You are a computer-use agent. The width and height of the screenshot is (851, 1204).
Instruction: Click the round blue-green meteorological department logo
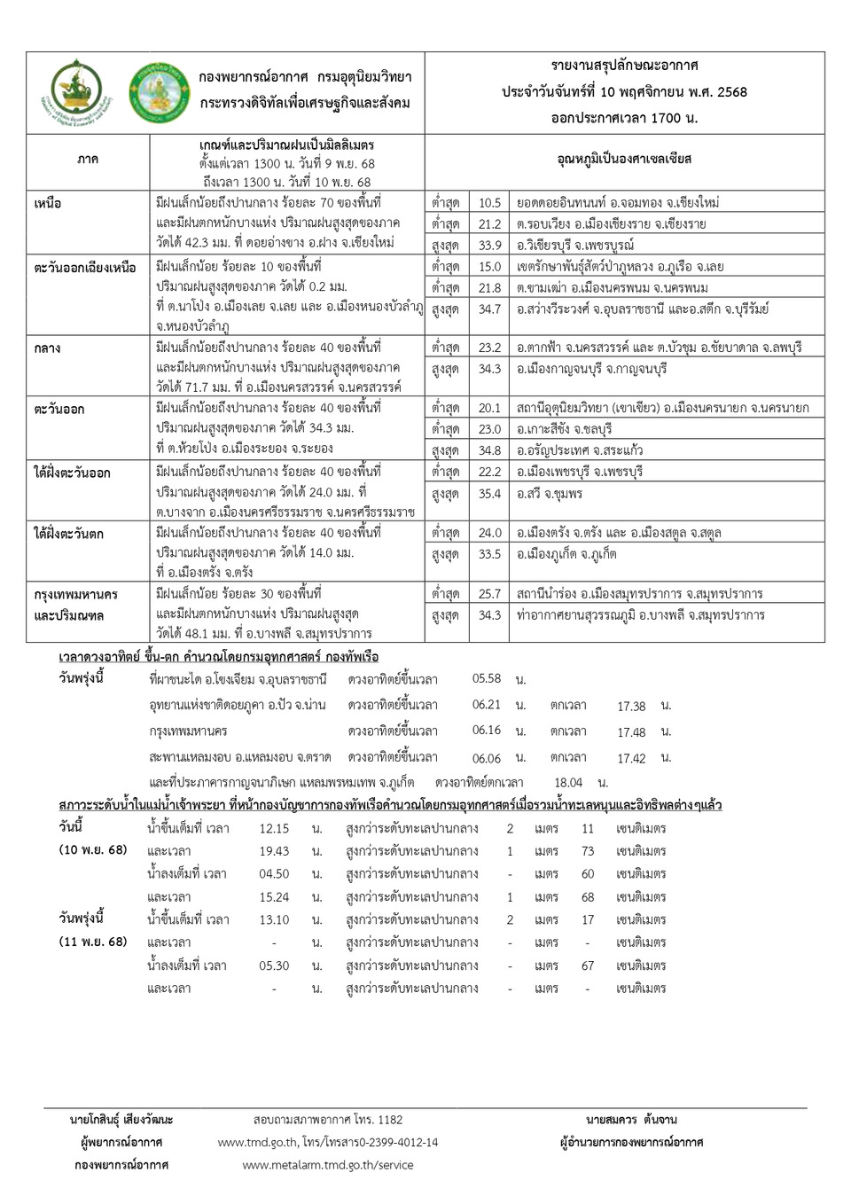pos(158,92)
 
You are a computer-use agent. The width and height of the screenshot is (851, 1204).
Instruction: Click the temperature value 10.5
pos(489,203)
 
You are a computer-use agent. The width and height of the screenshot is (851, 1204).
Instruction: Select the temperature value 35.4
pos(489,494)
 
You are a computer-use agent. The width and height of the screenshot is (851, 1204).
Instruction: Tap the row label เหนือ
pos(48,204)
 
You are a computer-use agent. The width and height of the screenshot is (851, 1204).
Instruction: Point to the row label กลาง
pos(47,348)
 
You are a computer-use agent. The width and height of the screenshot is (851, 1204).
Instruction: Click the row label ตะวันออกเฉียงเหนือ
pos(85,268)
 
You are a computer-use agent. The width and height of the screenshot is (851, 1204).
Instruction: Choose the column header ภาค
pos(88,160)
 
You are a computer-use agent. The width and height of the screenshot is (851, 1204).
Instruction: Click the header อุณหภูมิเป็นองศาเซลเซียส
pos(624,160)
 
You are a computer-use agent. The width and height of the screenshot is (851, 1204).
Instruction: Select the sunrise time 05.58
pos(487,679)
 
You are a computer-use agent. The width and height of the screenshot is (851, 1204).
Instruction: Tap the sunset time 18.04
pos(568,783)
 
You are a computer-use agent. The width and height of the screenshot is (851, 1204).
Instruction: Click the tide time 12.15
pos(274,828)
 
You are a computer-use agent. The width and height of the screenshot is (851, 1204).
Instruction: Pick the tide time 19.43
pos(274,851)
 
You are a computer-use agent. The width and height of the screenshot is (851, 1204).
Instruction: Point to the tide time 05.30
pos(274,966)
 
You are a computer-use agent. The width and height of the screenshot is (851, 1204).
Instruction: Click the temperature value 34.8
pos(489,450)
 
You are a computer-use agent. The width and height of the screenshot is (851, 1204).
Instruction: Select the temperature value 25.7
pos(489,594)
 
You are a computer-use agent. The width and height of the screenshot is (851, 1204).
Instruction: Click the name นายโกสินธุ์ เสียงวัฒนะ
pos(121,1120)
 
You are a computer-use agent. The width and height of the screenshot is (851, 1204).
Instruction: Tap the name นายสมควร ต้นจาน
pos(631,1120)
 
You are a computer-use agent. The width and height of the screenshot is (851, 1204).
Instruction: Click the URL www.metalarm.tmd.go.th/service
pos(328,1165)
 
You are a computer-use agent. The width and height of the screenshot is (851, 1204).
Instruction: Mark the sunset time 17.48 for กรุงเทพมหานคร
pos(631,732)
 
